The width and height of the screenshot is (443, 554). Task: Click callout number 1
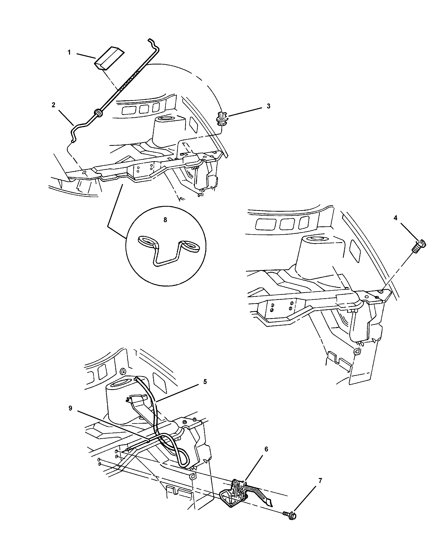69,52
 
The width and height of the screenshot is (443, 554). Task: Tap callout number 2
53,105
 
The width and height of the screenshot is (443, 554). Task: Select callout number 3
268,106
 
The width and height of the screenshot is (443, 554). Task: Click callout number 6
266,449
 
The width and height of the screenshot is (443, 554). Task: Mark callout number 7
320,481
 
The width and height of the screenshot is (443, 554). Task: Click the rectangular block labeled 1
109,58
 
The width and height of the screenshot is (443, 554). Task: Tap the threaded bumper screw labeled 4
419,246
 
